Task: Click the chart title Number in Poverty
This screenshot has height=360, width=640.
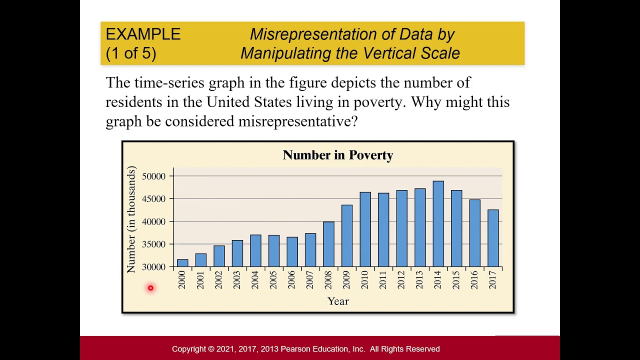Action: [x=337, y=155]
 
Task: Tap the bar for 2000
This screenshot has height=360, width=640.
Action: [x=182, y=263]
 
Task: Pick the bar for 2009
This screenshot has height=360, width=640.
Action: [x=347, y=235]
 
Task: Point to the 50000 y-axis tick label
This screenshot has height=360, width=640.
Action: [x=153, y=176]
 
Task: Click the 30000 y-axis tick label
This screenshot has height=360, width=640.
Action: [x=153, y=267]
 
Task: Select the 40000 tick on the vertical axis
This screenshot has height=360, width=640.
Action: [x=153, y=222]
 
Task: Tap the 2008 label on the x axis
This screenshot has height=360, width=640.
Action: [x=328, y=280]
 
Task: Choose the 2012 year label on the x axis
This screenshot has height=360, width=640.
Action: [x=401, y=280]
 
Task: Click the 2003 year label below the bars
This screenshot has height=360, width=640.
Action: [x=237, y=280]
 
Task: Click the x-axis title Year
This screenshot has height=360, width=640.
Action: [x=338, y=301]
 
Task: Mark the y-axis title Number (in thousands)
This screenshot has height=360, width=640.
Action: [x=131, y=220]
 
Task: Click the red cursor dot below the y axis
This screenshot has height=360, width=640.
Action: [x=150, y=288]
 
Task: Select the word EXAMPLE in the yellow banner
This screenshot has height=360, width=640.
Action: [x=143, y=34]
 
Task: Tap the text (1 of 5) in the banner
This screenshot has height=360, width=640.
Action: [x=131, y=53]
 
